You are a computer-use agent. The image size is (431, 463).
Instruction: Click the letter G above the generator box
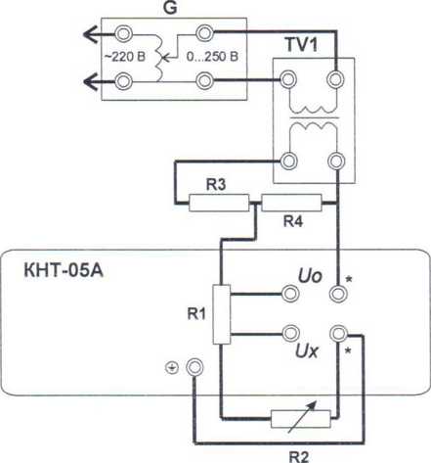170,8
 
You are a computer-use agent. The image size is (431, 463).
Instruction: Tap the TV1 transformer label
301,44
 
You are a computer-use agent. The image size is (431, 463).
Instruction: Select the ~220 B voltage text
125,57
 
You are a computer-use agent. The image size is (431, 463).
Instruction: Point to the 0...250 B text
212,57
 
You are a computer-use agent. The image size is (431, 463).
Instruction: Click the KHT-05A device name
64,270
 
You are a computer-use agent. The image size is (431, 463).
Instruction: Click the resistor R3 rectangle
219,203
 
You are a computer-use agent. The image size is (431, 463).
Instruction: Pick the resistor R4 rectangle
291,203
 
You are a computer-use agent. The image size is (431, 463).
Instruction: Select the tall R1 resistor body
222,314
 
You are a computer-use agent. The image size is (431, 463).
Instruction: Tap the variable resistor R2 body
301,419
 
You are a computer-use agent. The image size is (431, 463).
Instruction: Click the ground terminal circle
194,367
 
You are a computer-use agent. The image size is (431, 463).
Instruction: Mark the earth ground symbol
172,368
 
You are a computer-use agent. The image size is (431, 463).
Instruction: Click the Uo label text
310,276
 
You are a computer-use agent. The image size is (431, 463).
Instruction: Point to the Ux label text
306,351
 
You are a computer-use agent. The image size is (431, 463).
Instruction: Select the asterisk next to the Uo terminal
349,280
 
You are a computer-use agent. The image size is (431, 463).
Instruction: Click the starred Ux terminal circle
338,333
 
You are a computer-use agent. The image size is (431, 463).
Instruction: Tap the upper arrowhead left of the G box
91,34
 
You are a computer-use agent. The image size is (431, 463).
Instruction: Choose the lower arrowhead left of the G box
91,81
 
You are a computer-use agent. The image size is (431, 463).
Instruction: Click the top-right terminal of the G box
204,33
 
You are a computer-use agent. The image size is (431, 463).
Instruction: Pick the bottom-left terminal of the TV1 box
288,161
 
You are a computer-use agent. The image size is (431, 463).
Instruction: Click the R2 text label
299,456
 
